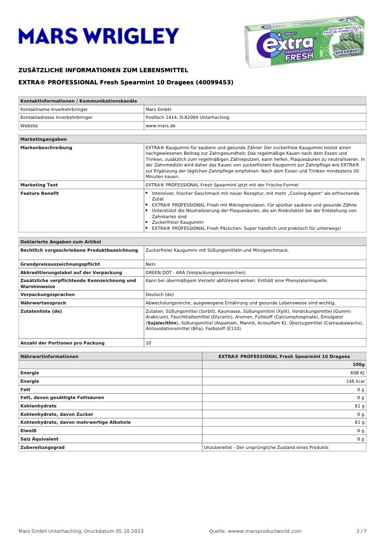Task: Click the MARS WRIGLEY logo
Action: coord(99,36)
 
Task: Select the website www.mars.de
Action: coord(160,126)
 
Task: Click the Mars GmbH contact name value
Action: coord(158,109)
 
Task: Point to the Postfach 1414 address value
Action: coord(187,117)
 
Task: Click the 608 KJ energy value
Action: coord(357,373)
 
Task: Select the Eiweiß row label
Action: coord(28,431)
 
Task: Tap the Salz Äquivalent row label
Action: coord(39,439)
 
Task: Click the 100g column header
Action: coord(358,365)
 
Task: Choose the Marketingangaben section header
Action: coord(43,139)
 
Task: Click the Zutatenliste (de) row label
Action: coord(41,311)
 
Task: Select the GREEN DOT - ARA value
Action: coord(195,272)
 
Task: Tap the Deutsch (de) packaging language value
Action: coord(159,295)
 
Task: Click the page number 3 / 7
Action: coord(361,531)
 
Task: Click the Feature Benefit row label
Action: coord(40,193)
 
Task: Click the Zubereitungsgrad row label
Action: coord(42,448)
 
